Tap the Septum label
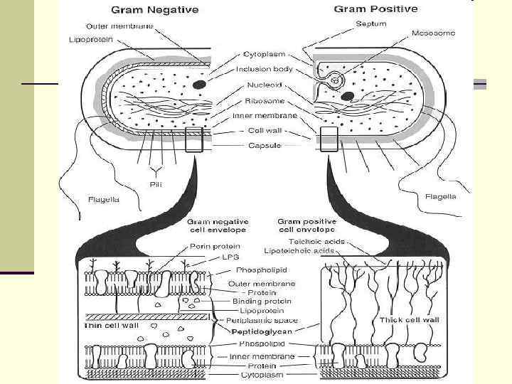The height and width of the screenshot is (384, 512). tap(370, 23)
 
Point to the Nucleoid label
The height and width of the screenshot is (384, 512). tap(264, 83)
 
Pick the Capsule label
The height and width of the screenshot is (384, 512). tap(264, 145)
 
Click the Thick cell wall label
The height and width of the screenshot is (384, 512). tap(410, 321)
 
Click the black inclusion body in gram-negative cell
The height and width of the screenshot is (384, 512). tap(200, 85)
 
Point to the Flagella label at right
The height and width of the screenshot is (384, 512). tap(441, 196)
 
